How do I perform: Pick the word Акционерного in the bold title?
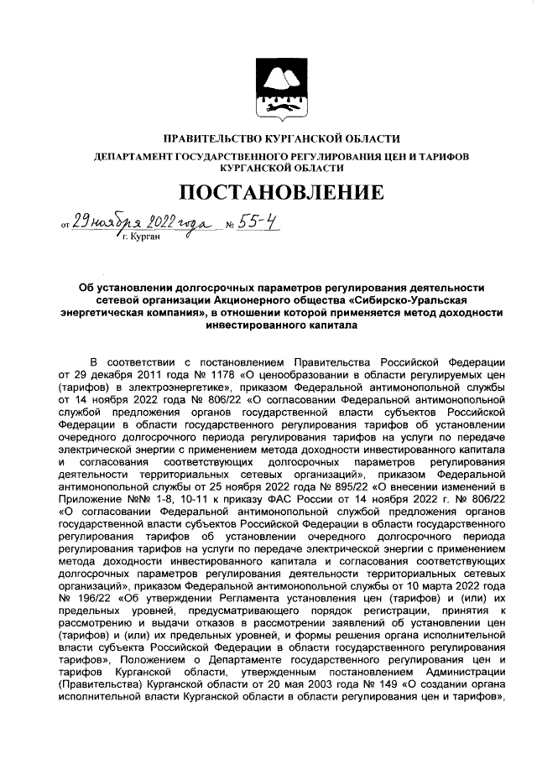tap(262, 300)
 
